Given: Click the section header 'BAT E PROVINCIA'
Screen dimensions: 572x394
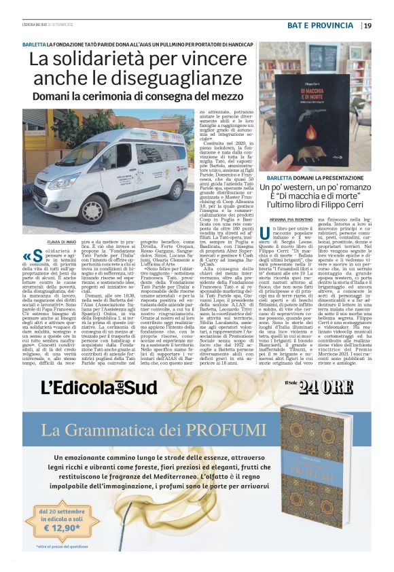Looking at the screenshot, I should coord(329,26).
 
